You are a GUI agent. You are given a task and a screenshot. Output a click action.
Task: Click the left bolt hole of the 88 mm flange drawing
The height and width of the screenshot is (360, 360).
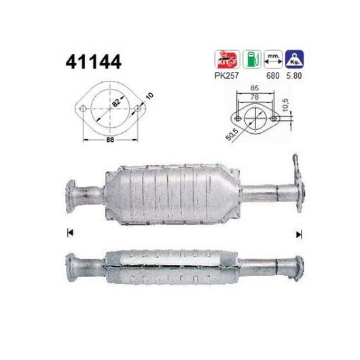coord(81,108)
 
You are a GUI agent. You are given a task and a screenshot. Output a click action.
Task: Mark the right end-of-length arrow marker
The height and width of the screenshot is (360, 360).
coord(298,234)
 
